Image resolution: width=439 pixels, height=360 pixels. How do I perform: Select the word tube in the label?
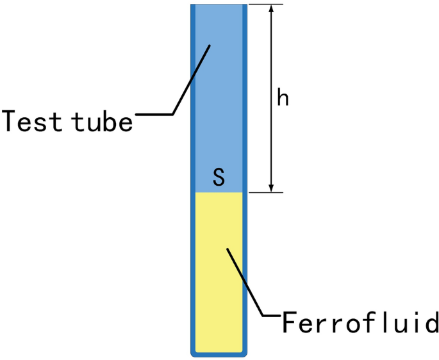[x=103, y=120]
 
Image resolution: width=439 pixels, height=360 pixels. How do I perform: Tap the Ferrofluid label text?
[x=361, y=322]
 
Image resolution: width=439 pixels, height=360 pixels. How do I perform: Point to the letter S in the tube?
[x=219, y=177]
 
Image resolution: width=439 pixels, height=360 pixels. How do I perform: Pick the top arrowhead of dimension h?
[x=272, y=9]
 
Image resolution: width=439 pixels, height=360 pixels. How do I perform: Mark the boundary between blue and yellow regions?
[x=219, y=192]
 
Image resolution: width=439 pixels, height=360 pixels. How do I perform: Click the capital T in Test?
[x=11, y=120]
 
